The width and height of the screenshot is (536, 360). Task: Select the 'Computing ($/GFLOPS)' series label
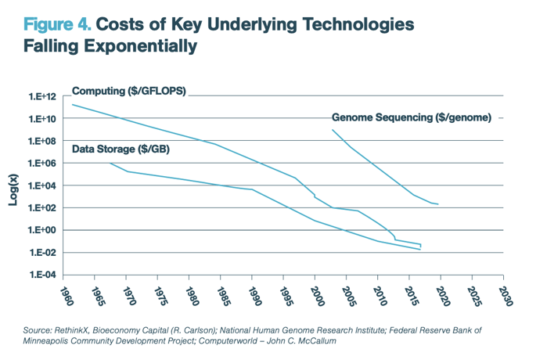128,91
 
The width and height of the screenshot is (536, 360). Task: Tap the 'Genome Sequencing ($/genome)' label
412,117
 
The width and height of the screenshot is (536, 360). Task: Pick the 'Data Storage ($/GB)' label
121,149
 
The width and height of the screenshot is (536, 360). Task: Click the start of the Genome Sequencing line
333,130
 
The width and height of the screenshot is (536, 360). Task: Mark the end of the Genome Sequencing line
438,204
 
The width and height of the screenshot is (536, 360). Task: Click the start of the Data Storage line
110,164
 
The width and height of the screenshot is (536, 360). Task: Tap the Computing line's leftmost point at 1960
72,104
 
